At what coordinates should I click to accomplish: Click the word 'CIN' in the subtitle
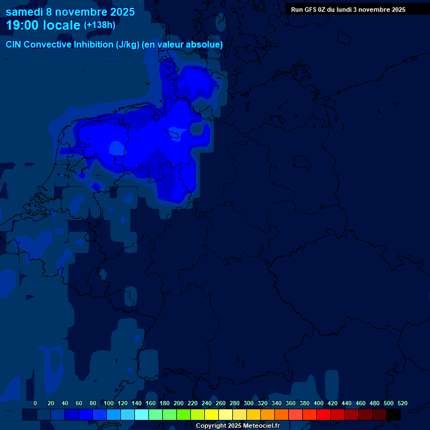point(14,44)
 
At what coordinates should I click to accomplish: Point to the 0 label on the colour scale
point(35,403)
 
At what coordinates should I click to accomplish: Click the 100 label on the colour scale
point(109,403)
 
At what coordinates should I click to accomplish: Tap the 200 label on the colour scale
point(179,403)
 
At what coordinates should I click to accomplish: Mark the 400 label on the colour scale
point(319,403)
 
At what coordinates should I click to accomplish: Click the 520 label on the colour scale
point(402,403)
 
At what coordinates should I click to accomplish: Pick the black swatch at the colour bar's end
point(394,415)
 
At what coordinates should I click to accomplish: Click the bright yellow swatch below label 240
point(211,415)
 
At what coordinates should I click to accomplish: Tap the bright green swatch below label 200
point(183,415)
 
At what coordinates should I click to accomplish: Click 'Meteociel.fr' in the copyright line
point(261,426)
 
